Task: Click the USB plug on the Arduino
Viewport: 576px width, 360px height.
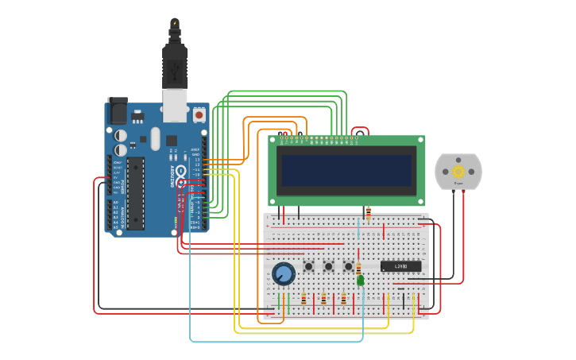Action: click(175, 75)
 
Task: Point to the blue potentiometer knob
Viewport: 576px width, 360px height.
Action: click(283, 274)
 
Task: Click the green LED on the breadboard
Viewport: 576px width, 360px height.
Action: click(361, 281)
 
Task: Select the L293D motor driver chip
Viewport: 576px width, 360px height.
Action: click(400, 266)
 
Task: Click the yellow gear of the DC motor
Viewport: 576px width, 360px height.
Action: click(458, 171)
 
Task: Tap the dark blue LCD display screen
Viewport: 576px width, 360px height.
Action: click(347, 170)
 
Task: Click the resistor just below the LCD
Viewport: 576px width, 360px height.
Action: click(368, 212)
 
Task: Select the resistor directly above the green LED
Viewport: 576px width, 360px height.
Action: click(358, 268)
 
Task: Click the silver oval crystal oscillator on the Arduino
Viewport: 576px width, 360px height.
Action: click(156, 138)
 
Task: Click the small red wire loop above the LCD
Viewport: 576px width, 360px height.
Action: click(361, 130)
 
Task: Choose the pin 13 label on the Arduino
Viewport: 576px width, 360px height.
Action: click(197, 160)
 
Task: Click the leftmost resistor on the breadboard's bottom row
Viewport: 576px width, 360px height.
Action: click(303, 299)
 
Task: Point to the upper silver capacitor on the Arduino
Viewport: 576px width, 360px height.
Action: click(120, 136)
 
